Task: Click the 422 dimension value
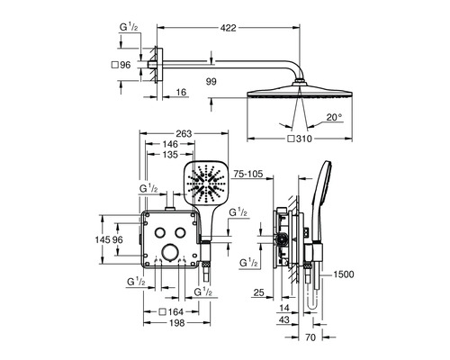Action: click(x=229, y=28)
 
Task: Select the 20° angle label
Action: click(x=335, y=117)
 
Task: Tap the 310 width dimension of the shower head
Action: click(x=304, y=139)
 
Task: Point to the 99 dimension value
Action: click(x=211, y=81)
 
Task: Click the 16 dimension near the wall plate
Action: click(x=181, y=92)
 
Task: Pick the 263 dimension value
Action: click(x=184, y=133)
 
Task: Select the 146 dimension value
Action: click(x=170, y=144)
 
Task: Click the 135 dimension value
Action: click(x=170, y=155)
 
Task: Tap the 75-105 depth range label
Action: click(x=248, y=174)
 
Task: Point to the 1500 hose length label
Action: click(x=344, y=274)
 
